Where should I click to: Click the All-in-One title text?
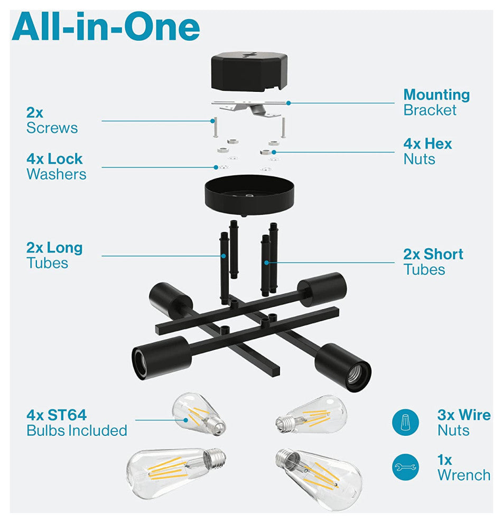(106, 27)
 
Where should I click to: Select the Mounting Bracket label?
(436, 102)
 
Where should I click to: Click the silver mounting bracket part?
(249, 108)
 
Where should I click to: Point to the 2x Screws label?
(52, 120)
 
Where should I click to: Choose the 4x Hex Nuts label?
(427, 152)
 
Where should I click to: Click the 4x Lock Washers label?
(57, 166)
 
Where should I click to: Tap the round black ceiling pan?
(249, 195)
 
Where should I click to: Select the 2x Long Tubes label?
(54, 255)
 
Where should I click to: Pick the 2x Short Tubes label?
(433, 262)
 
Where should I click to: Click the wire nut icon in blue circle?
(406, 422)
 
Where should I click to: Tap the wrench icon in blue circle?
(406, 467)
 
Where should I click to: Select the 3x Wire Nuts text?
(464, 423)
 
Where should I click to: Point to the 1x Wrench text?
(464, 468)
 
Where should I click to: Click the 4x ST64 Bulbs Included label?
(77, 423)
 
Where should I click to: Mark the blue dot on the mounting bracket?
(288, 103)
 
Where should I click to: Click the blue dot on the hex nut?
(274, 152)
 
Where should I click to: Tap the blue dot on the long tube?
(224, 256)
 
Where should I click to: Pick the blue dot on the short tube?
(266, 263)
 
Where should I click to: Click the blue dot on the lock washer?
(216, 167)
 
